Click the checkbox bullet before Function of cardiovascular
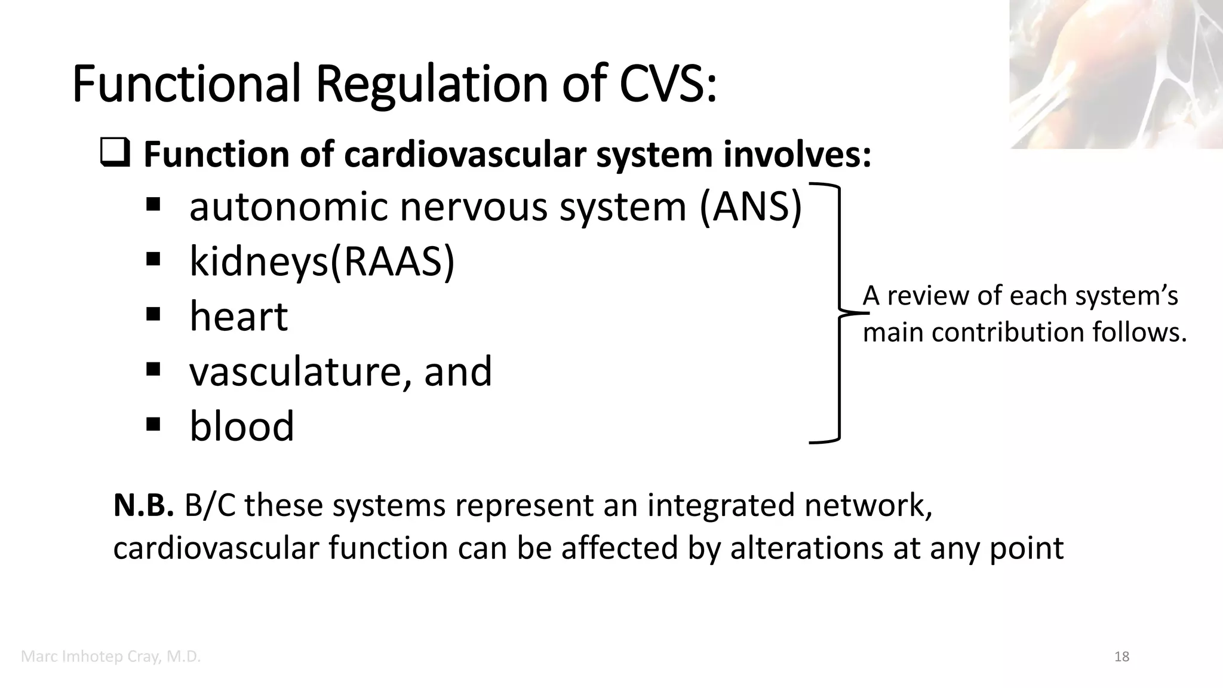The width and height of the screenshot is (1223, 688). [x=115, y=154]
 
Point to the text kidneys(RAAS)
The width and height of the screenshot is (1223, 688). [x=322, y=262]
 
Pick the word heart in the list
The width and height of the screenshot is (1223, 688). [x=238, y=316]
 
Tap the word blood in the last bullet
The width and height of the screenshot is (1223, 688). [x=242, y=426]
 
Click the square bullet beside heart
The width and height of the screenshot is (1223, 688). [x=153, y=314]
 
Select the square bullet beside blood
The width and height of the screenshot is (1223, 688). [x=153, y=423]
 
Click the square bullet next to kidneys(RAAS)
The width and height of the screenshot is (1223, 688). [x=153, y=259]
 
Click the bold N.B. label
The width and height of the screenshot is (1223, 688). [x=143, y=505]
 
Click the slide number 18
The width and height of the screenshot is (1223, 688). [x=1121, y=657]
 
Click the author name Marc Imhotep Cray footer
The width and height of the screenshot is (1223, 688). [x=110, y=657]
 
